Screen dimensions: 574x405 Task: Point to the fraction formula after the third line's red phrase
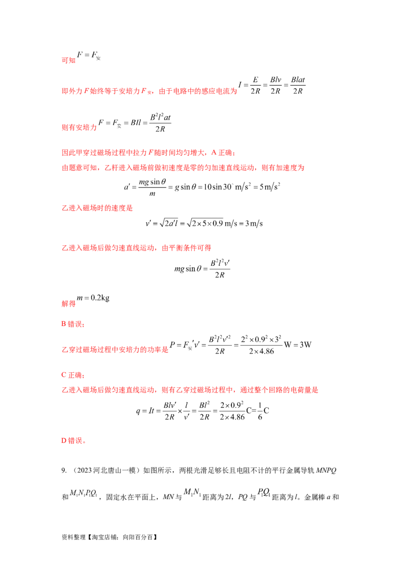(x=137, y=124)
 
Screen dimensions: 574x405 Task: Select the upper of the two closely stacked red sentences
(x=147, y=153)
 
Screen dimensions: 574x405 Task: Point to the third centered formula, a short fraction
(x=202, y=268)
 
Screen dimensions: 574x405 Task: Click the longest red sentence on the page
(x=189, y=389)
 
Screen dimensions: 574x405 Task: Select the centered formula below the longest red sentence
(x=202, y=410)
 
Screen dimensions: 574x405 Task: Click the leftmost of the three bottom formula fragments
(x=83, y=492)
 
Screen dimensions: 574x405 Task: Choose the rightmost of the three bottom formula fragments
(x=263, y=491)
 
